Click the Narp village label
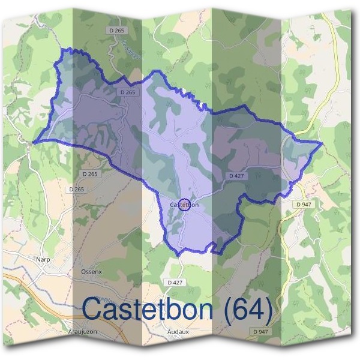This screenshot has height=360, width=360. pyautogui.click(x=43, y=259)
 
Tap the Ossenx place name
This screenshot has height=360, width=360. pyautogui.click(x=92, y=271)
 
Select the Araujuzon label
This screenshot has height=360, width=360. pyautogui.click(x=82, y=331)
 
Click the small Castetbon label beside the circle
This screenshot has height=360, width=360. pyautogui.click(x=184, y=205)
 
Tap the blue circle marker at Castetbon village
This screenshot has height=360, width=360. pyautogui.click(x=185, y=205)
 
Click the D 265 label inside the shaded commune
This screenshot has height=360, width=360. pyautogui.click(x=127, y=92)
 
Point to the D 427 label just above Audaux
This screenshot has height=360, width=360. pyautogui.click(x=175, y=281)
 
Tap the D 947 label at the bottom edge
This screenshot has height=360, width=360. pyautogui.click(x=260, y=331)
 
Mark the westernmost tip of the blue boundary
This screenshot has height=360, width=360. pyautogui.click(x=34, y=142)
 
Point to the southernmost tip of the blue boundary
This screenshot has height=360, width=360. pyautogui.click(x=179, y=256)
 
